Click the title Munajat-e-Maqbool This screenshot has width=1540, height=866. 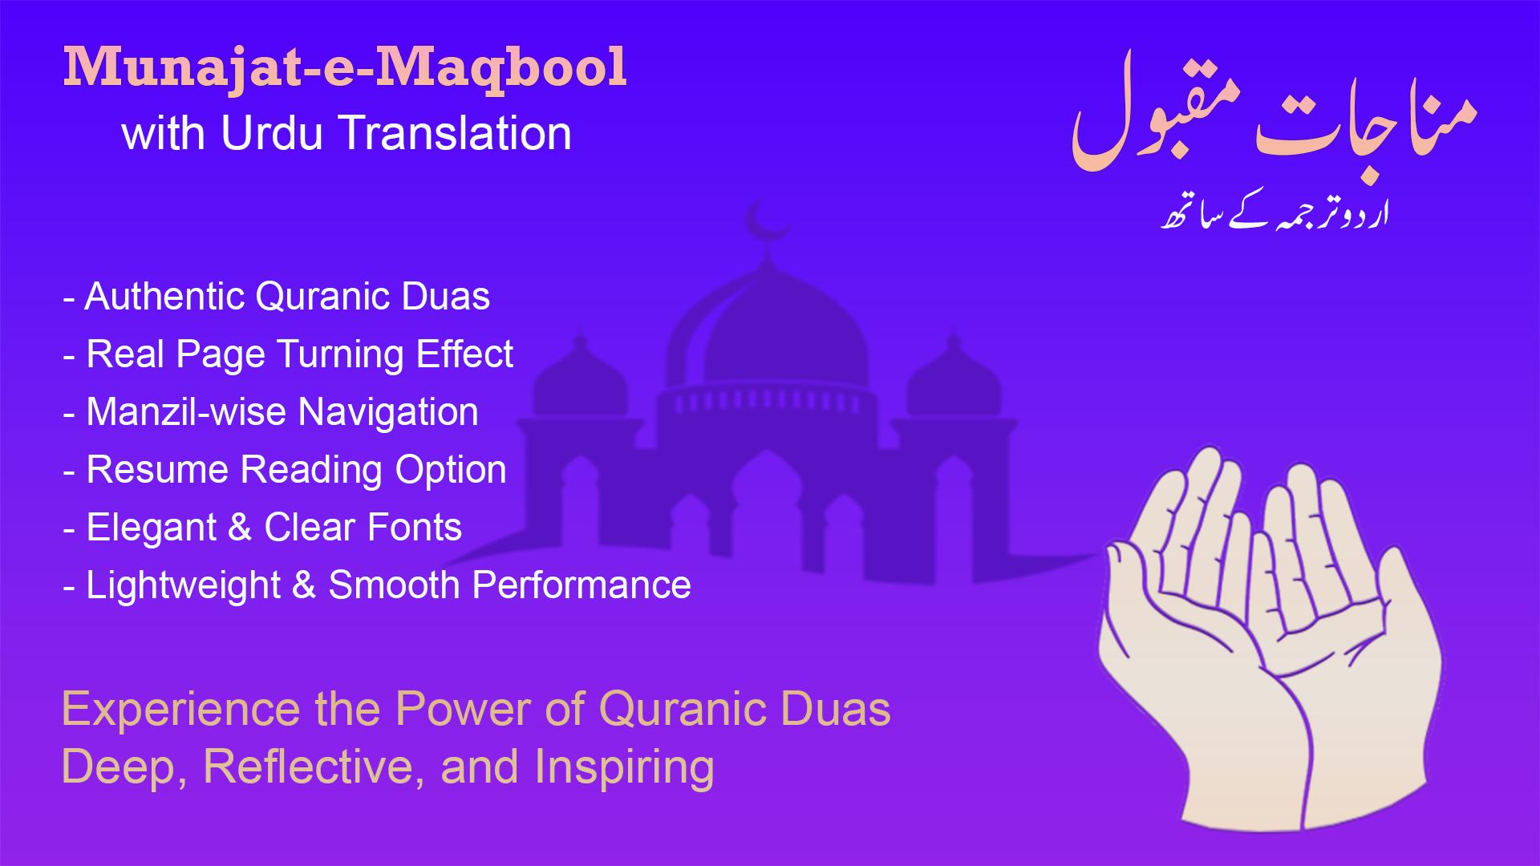[x=345, y=67]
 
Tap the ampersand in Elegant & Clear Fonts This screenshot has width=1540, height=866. [x=240, y=528]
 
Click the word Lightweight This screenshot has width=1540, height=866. [x=183, y=586]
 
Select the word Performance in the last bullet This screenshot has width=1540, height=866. [x=582, y=585]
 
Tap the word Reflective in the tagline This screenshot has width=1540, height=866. [x=314, y=767]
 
